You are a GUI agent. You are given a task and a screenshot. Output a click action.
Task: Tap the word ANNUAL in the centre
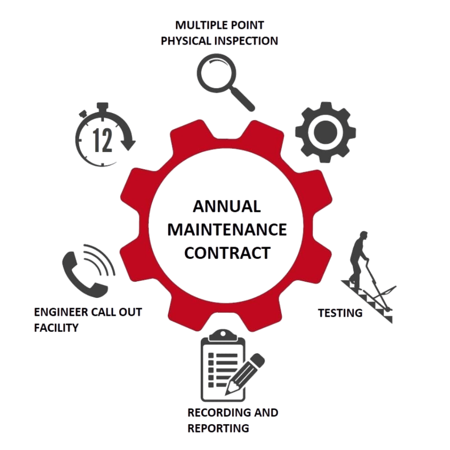tap(228, 207)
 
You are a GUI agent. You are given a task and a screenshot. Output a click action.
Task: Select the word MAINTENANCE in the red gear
tap(228, 230)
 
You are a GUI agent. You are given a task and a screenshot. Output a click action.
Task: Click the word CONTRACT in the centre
tap(228, 254)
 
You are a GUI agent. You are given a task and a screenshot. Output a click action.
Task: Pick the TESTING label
tap(340, 313)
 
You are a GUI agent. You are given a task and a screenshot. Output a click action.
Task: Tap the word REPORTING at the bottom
tap(218, 428)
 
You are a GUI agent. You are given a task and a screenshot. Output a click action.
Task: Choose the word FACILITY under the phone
tap(56, 328)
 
